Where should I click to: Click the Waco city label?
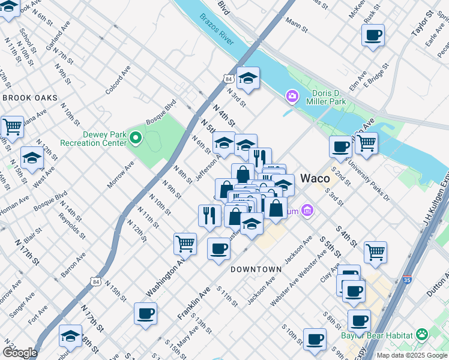pos(315,178)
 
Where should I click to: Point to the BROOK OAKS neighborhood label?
pos(29,98)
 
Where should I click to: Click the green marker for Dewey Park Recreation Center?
pos(136,139)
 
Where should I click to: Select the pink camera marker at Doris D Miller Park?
pos(292,95)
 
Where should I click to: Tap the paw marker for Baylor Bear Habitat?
pos(423,334)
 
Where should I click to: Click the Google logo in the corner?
pos(20,352)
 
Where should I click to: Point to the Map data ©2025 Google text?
pos(412,355)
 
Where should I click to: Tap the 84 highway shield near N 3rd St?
pos(227,79)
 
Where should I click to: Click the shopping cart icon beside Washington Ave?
pos(185,243)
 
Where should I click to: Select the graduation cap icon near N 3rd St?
pos(247,77)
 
